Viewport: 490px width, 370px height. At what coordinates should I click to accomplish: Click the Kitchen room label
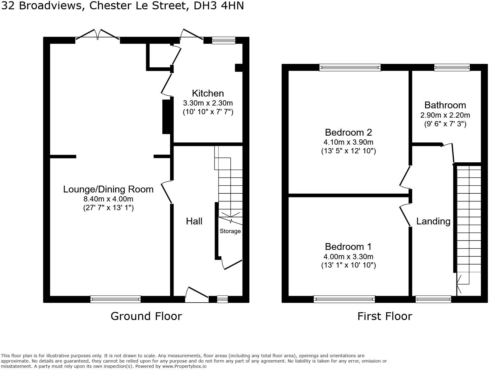tap(208, 93)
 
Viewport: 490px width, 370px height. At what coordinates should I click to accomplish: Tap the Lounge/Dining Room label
tap(108, 189)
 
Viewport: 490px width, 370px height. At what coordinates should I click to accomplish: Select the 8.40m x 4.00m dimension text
tap(108, 199)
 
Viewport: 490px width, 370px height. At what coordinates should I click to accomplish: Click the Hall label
tap(194, 221)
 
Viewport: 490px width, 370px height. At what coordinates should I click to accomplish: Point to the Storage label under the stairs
tap(230, 231)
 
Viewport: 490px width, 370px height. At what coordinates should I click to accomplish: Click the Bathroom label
tap(445, 105)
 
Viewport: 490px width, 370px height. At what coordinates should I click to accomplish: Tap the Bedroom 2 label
tap(348, 132)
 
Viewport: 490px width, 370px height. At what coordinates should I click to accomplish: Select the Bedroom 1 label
tap(348, 246)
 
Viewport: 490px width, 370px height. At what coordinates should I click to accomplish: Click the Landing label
tap(433, 221)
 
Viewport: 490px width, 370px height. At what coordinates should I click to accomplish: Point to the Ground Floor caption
tap(146, 316)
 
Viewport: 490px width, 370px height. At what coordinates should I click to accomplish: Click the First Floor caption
tap(385, 316)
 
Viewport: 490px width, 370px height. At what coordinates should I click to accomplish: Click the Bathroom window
tap(452, 67)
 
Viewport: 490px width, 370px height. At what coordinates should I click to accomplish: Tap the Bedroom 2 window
tap(350, 67)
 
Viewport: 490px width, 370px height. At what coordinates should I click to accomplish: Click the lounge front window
tap(115, 299)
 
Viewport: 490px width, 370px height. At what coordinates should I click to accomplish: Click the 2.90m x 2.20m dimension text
tap(445, 115)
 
